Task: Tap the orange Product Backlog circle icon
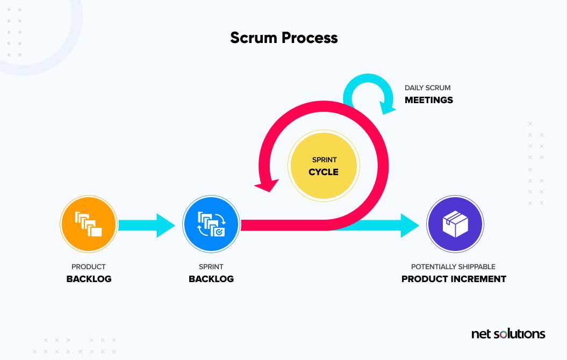coord(89,224)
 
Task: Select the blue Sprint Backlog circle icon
coord(211,224)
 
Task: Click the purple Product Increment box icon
coord(455,224)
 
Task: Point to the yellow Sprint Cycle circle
coord(324,167)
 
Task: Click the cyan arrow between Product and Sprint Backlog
coord(145,225)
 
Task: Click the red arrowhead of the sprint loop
coord(267,183)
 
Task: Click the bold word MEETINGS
coord(428,100)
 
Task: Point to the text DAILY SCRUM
coord(428,88)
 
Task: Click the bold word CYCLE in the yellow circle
coord(324,172)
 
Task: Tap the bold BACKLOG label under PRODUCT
coord(89,279)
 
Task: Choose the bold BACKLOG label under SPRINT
coord(211,279)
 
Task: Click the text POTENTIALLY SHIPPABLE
coord(453,267)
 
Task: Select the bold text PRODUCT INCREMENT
coord(454,279)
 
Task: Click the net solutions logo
coord(508,334)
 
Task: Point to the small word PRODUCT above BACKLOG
coord(89,267)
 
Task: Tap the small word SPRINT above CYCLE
coord(324,160)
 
